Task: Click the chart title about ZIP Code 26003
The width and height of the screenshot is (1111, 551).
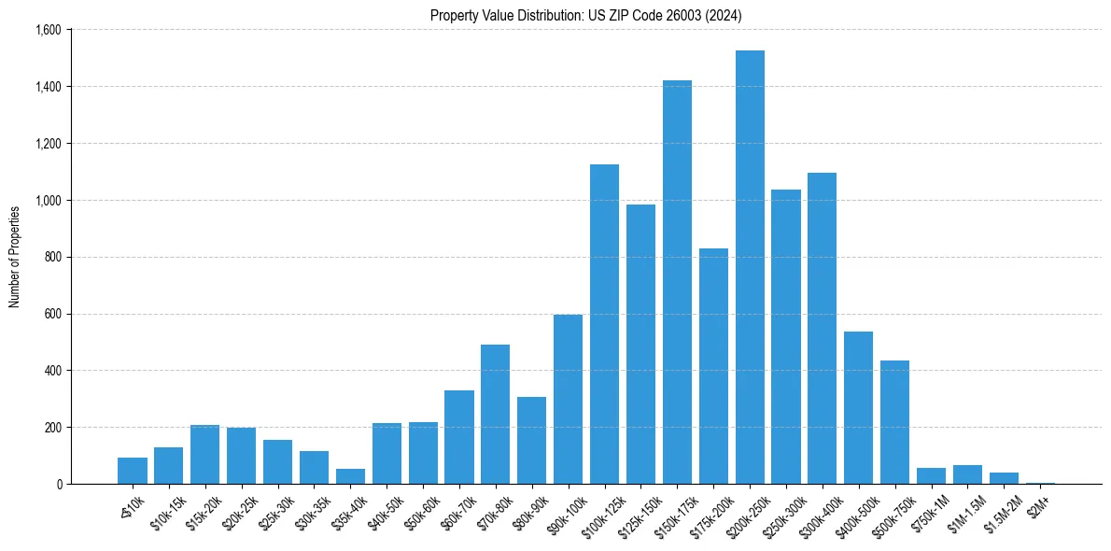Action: (x=586, y=15)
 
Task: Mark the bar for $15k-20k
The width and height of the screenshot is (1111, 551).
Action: (x=204, y=454)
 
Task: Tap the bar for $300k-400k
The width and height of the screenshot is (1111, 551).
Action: (x=822, y=328)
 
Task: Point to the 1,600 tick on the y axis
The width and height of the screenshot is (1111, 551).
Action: (x=48, y=30)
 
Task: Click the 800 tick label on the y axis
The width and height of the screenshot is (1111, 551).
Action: (x=52, y=257)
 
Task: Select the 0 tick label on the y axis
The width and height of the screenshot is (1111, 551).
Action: (x=58, y=484)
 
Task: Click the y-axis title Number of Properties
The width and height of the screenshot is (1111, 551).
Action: (x=14, y=257)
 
